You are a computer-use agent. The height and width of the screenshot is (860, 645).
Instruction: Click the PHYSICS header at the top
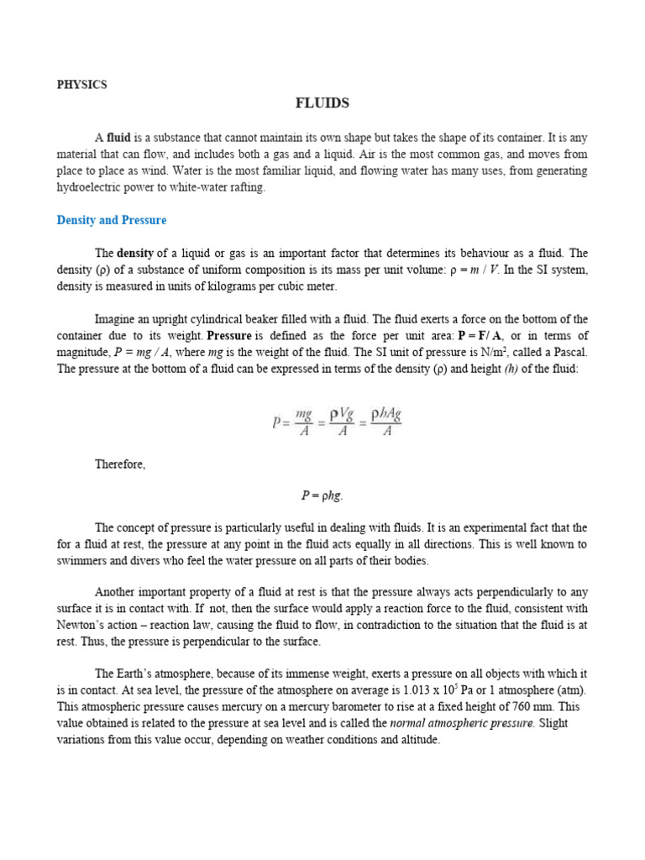coord(81,85)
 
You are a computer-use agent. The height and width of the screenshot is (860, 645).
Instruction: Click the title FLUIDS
coord(322,103)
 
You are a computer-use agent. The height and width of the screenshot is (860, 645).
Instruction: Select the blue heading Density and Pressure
coord(111,220)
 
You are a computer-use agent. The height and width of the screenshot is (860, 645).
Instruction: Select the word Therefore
coord(120,464)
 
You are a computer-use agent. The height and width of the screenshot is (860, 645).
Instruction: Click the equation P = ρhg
coord(322,496)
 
